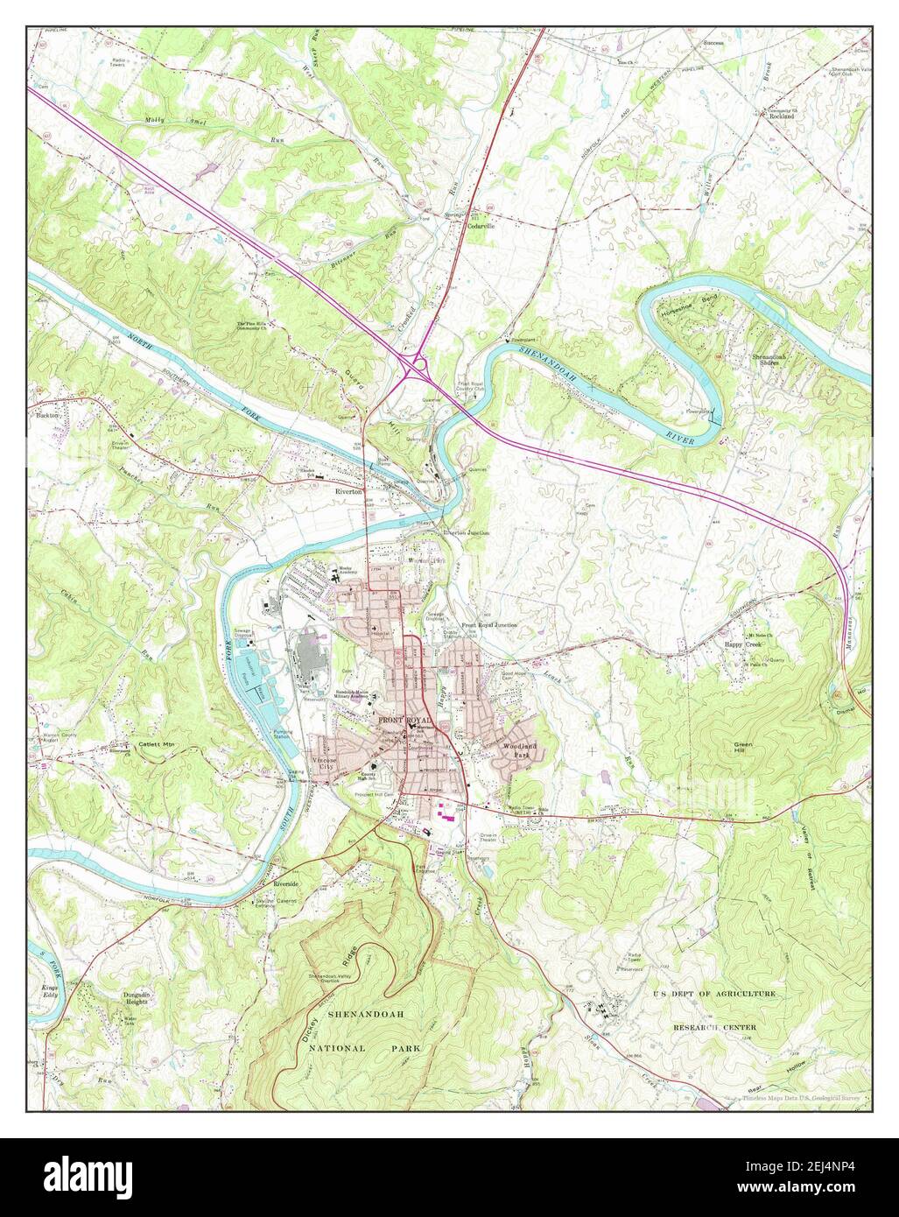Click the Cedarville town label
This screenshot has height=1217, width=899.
pos(481,225)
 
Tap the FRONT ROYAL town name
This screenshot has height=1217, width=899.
pos(404,719)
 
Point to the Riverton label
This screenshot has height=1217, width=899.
pos(348,492)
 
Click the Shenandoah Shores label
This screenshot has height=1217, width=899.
pos(769,361)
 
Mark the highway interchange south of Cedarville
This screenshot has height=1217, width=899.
pos(415,362)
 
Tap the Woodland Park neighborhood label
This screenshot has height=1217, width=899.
pos(516,749)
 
